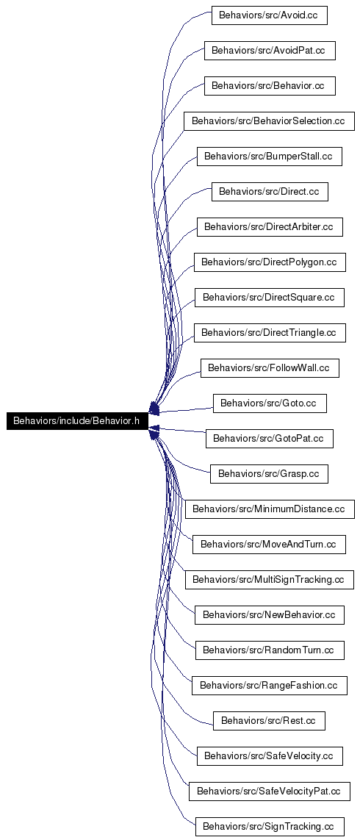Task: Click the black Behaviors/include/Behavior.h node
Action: (x=76, y=420)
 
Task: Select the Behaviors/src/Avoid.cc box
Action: (x=269, y=15)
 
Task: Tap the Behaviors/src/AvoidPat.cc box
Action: (x=270, y=51)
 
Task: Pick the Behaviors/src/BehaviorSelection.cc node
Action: (x=269, y=121)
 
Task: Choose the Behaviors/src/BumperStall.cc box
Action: (x=270, y=157)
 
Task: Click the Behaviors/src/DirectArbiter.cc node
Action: (x=270, y=226)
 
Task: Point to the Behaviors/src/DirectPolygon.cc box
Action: (x=270, y=262)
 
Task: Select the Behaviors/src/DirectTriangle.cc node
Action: (x=270, y=333)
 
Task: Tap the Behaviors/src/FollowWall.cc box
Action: (x=270, y=368)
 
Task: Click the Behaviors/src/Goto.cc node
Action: (x=270, y=403)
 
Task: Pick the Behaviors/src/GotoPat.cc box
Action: (x=270, y=438)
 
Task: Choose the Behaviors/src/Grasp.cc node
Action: (x=269, y=473)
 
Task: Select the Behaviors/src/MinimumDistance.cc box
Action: (x=270, y=509)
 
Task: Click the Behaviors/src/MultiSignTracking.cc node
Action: (x=270, y=579)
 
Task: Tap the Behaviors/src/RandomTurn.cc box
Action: (x=270, y=650)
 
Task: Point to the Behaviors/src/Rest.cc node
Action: (x=269, y=720)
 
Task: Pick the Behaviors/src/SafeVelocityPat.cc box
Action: (x=270, y=791)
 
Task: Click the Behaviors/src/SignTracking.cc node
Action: (x=270, y=826)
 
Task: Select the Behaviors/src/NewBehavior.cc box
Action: (x=270, y=614)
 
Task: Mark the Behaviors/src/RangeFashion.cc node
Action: (x=270, y=685)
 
